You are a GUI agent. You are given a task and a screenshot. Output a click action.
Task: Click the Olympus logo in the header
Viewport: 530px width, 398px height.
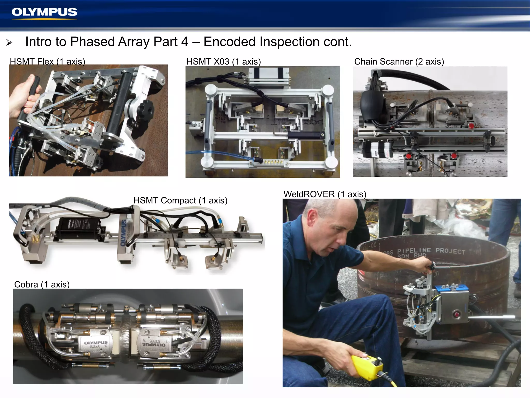[44, 12]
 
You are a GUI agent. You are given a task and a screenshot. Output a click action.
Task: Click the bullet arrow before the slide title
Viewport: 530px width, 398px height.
[9, 42]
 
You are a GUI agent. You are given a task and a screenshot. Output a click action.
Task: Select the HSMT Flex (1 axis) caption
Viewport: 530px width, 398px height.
[47, 61]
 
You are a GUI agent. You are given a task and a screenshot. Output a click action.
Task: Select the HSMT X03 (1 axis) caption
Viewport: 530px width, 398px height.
[224, 61]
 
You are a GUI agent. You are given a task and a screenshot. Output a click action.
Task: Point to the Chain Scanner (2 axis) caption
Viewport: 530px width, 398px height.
[399, 61]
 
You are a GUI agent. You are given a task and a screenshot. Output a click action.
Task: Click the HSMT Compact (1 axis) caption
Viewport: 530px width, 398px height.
[180, 200]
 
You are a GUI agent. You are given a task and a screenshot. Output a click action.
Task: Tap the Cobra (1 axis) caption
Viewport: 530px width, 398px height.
[42, 284]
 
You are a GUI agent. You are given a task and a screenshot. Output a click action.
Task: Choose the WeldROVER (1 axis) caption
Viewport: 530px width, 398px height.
[325, 194]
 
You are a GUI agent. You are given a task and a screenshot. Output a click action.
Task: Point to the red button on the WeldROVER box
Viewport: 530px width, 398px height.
[457, 315]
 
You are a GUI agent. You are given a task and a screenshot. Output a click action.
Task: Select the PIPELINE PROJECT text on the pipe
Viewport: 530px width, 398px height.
[431, 251]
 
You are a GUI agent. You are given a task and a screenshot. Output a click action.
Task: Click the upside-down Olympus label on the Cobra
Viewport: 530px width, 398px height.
[154, 344]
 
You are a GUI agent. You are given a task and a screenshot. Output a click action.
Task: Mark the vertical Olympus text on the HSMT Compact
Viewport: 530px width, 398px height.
[123, 233]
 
